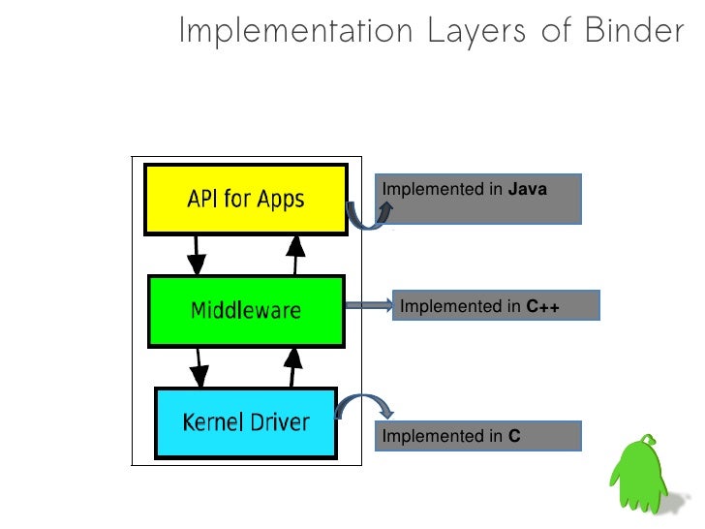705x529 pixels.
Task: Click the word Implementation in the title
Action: click(x=296, y=31)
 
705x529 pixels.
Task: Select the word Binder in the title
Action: click(x=633, y=31)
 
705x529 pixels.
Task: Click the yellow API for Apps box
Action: click(x=245, y=200)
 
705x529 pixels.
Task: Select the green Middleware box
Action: click(x=245, y=311)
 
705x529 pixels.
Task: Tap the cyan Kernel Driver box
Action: click(x=246, y=422)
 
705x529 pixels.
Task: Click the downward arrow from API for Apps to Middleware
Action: click(x=197, y=255)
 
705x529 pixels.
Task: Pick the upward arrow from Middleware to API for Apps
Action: click(x=293, y=255)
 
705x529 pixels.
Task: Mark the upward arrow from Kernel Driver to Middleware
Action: click(x=290, y=367)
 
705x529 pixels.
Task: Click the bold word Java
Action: click(x=528, y=190)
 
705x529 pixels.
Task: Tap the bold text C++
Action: click(x=543, y=307)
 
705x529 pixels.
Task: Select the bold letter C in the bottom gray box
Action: click(x=514, y=437)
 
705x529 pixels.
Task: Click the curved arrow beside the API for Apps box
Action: click(x=367, y=215)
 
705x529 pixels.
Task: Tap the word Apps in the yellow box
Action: click(x=282, y=201)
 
